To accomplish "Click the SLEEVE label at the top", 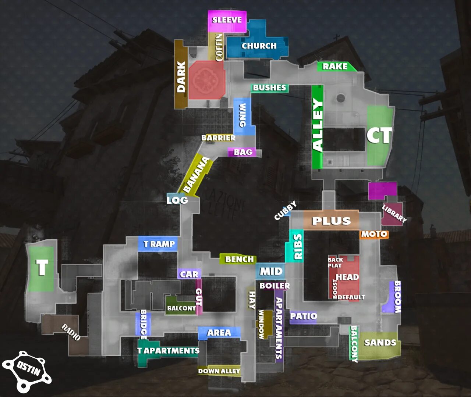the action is pyautogui.click(x=227, y=20).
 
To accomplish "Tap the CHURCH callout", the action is pyautogui.click(x=259, y=46).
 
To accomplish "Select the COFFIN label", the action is pyautogui.click(x=219, y=47).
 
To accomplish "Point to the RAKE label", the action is pyautogui.click(x=335, y=67).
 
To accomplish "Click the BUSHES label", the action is pyautogui.click(x=269, y=88).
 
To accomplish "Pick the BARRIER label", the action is pyautogui.click(x=218, y=138).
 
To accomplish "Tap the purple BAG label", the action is pyautogui.click(x=243, y=152).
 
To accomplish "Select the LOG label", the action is pyautogui.click(x=177, y=200).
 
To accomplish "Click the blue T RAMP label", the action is pyautogui.click(x=159, y=244).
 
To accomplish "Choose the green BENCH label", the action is pyautogui.click(x=239, y=260).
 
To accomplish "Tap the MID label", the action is pyautogui.click(x=271, y=272).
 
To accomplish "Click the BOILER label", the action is pyautogui.click(x=275, y=286).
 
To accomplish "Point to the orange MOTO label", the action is pyautogui.click(x=374, y=234).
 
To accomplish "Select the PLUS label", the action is pyautogui.click(x=331, y=221).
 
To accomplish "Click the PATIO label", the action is pyautogui.click(x=303, y=316).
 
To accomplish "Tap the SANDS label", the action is pyautogui.click(x=380, y=343).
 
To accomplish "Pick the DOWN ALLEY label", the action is pyautogui.click(x=219, y=371).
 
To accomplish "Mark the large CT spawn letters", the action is pyautogui.click(x=379, y=135).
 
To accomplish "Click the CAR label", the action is pyautogui.click(x=189, y=274).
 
